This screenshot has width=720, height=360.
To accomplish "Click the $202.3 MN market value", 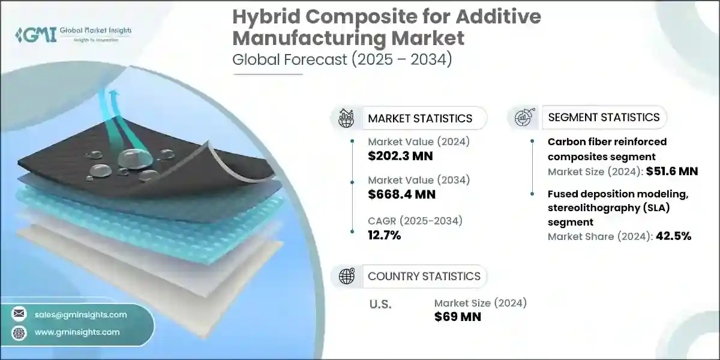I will point(400,157).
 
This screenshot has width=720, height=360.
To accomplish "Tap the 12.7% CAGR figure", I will point(385,235).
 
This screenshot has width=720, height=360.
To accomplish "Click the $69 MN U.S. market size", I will point(458,316).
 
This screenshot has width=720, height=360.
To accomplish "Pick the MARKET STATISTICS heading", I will point(420,118).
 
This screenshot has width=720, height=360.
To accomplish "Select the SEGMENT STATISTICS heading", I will point(604,117).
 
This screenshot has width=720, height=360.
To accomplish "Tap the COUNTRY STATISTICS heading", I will point(424,276).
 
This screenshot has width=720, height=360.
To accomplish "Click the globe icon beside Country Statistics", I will point(347,276).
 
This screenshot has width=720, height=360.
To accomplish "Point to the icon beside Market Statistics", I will point(347,118).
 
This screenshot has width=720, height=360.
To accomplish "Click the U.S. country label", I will point(380,304).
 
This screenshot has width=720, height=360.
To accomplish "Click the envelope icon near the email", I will point(20,314).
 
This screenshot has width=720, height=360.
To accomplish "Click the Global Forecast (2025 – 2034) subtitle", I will point(342,59).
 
